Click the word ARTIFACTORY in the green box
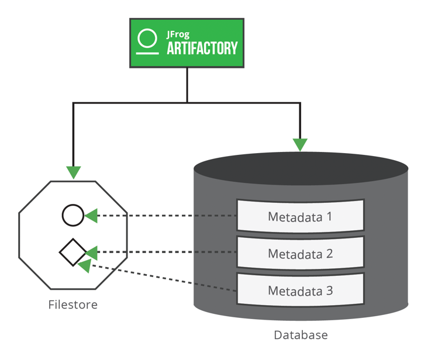click(x=202, y=49)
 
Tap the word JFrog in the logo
click(x=179, y=34)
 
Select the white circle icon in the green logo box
click(x=148, y=39)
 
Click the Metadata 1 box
click(x=300, y=217)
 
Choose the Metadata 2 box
click(x=300, y=254)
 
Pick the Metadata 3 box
click(x=300, y=290)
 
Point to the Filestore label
click(x=73, y=304)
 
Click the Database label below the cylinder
click(x=301, y=335)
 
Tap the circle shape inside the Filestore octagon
click(x=73, y=216)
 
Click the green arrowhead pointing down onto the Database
click(x=300, y=144)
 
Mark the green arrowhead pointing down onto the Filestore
click(x=73, y=172)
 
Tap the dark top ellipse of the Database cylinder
click(x=300, y=168)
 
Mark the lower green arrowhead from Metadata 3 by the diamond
click(x=85, y=266)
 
